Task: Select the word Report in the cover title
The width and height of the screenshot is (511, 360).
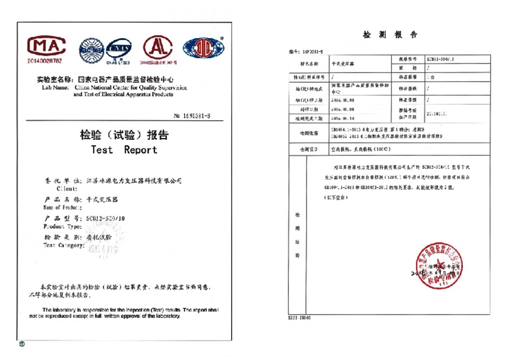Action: (140, 149)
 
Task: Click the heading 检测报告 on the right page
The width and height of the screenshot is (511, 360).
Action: (389, 34)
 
